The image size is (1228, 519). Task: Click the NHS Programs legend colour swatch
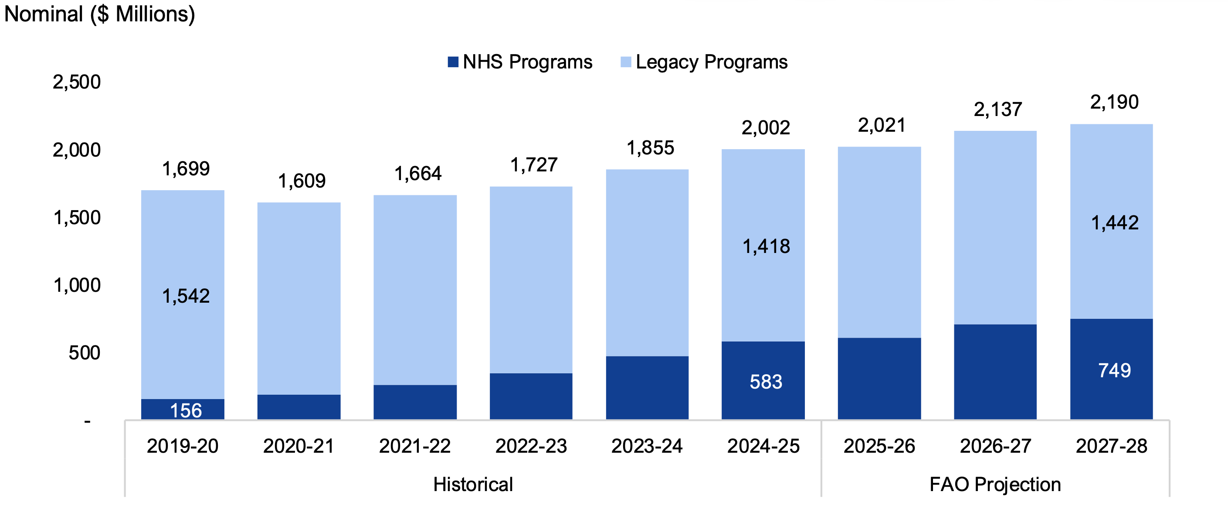pyautogui.click(x=453, y=62)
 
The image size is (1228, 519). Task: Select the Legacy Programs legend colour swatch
pyautogui.click(x=626, y=62)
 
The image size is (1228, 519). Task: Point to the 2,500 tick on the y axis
pyautogui.click(x=77, y=82)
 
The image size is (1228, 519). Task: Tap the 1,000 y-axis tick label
pyautogui.click(x=77, y=285)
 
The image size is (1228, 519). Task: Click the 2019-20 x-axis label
pyautogui.click(x=183, y=447)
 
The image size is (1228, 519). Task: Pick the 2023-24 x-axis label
pyautogui.click(x=647, y=447)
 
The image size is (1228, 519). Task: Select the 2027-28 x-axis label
pyautogui.click(x=1111, y=447)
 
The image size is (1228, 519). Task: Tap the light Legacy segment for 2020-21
pyautogui.click(x=299, y=298)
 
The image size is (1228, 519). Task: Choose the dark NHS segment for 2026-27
pyautogui.click(x=995, y=372)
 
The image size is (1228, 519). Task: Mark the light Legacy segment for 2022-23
pyautogui.click(x=531, y=280)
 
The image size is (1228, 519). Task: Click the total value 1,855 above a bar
pyautogui.click(x=650, y=148)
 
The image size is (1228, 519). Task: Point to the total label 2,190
pyautogui.click(x=1115, y=102)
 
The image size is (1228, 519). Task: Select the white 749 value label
pyautogui.click(x=1115, y=371)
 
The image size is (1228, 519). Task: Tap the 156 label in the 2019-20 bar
pyautogui.click(x=186, y=411)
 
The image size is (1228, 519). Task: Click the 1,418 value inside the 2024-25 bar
pyautogui.click(x=766, y=246)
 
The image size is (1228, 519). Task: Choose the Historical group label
pyautogui.click(x=473, y=485)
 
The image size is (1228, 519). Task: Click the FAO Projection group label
pyautogui.click(x=995, y=485)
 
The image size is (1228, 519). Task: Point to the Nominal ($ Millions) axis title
pyautogui.click(x=100, y=14)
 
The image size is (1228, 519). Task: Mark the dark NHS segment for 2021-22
pyautogui.click(x=415, y=402)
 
